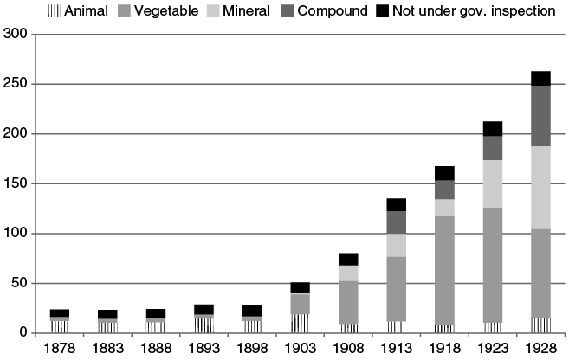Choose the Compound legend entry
[x=335, y=11]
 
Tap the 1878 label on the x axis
[x=60, y=348]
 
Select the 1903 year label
[x=300, y=348]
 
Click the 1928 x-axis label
[x=540, y=348]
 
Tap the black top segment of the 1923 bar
[x=493, y=129]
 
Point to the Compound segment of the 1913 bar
[x=397, y=222]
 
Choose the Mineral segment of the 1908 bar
[x=348, y=273]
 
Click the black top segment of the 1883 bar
[x=107, y=314]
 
